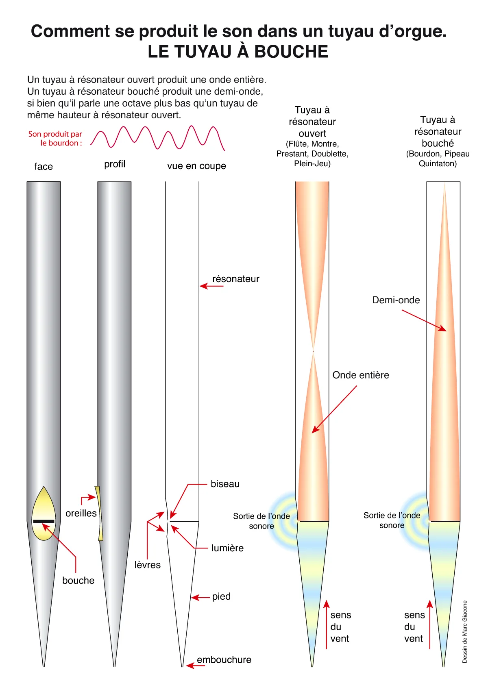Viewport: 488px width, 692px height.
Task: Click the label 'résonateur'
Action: tap(235, 279)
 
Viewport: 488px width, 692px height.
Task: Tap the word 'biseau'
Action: tap(225, 484)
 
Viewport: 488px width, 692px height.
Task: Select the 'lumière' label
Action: tap(227, 548)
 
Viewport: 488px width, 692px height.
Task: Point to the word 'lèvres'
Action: tap(148, 565)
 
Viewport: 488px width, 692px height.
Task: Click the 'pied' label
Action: tap(221, 596)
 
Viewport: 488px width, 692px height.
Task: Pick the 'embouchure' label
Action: tap(224, 659)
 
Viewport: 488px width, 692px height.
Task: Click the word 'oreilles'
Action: tap(81, 513)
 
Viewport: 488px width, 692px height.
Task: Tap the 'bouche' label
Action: tap(78, 581)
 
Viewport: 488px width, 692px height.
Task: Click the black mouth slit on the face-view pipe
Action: tap(44, 521)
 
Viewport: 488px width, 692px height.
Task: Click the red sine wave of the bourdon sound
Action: tap(158, 138)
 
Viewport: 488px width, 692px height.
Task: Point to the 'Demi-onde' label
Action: tap(396, 300)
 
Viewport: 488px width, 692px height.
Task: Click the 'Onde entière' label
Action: tap(361, 375)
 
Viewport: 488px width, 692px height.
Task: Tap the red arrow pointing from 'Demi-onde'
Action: tap(424, 320)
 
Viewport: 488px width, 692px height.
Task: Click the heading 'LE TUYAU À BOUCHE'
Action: tap(237, 51)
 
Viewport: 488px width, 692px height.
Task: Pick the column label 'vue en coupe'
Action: tap(196, 166)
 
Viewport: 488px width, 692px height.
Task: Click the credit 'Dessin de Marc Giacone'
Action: tap(464, 631)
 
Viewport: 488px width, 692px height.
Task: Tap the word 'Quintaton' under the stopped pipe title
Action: tap(438, 163)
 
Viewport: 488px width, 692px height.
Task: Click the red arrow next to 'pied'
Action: tap(200, 598)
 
